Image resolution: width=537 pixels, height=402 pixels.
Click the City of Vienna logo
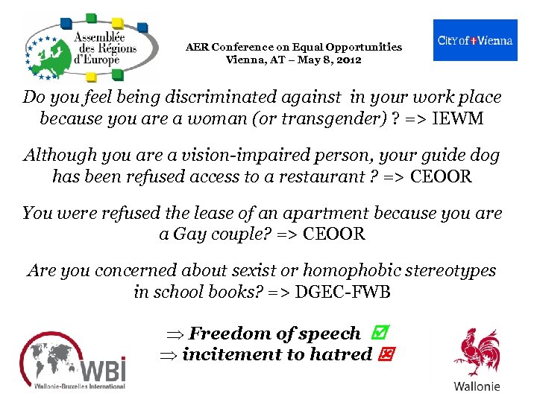(474, 40)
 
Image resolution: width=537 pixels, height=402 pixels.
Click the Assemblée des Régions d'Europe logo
(90, 47)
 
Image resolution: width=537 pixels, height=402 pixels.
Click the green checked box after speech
(375, 334)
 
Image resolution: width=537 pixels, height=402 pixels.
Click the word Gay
(193, 234)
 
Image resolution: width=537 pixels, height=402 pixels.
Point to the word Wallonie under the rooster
(477, 386)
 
